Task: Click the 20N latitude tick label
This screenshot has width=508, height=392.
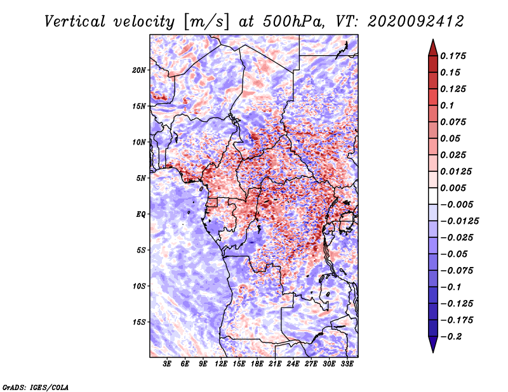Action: coord(138,70)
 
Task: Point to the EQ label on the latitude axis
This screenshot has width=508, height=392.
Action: coord(141,214)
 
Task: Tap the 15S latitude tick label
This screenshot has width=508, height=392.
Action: coord(139,322)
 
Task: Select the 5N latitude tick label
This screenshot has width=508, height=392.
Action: coord(141,178)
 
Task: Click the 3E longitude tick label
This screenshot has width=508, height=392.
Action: coord(167,364)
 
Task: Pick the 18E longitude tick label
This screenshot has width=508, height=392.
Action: coord(257,364)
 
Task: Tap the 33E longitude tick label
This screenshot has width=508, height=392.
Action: coord(347,364)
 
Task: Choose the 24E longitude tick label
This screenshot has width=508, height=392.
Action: coord(293,364)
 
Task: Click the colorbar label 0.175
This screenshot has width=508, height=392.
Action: coord(453,56)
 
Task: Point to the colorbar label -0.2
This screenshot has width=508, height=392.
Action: coord(451,337)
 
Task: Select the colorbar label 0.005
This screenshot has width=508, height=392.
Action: coord(453,188)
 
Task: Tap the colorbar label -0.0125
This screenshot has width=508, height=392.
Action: coord(459,221)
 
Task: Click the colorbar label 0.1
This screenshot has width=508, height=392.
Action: coord(447,105)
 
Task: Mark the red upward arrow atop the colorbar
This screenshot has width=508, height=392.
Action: coord(433,48)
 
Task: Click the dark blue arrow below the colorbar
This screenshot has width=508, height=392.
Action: coord(433,344)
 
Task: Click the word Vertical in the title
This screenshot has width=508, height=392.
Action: coord(74,22)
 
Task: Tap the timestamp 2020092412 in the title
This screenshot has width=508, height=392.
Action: coord(416,22)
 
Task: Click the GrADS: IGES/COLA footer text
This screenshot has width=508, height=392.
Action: coord(36,387)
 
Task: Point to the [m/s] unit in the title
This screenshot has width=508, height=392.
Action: coord(206,22)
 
